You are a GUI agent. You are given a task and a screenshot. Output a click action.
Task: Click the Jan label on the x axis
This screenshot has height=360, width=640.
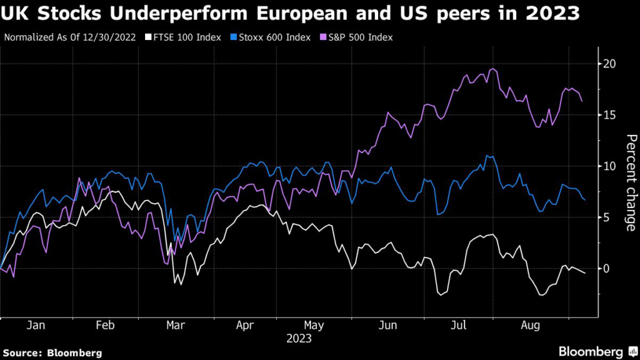[37, 326]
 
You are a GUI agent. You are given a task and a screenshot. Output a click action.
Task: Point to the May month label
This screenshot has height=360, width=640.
[313, 326]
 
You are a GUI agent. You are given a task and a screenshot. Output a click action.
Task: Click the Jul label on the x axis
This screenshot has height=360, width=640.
[459, 326]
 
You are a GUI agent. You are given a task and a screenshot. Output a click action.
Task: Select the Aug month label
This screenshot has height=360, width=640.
[531, 326]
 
